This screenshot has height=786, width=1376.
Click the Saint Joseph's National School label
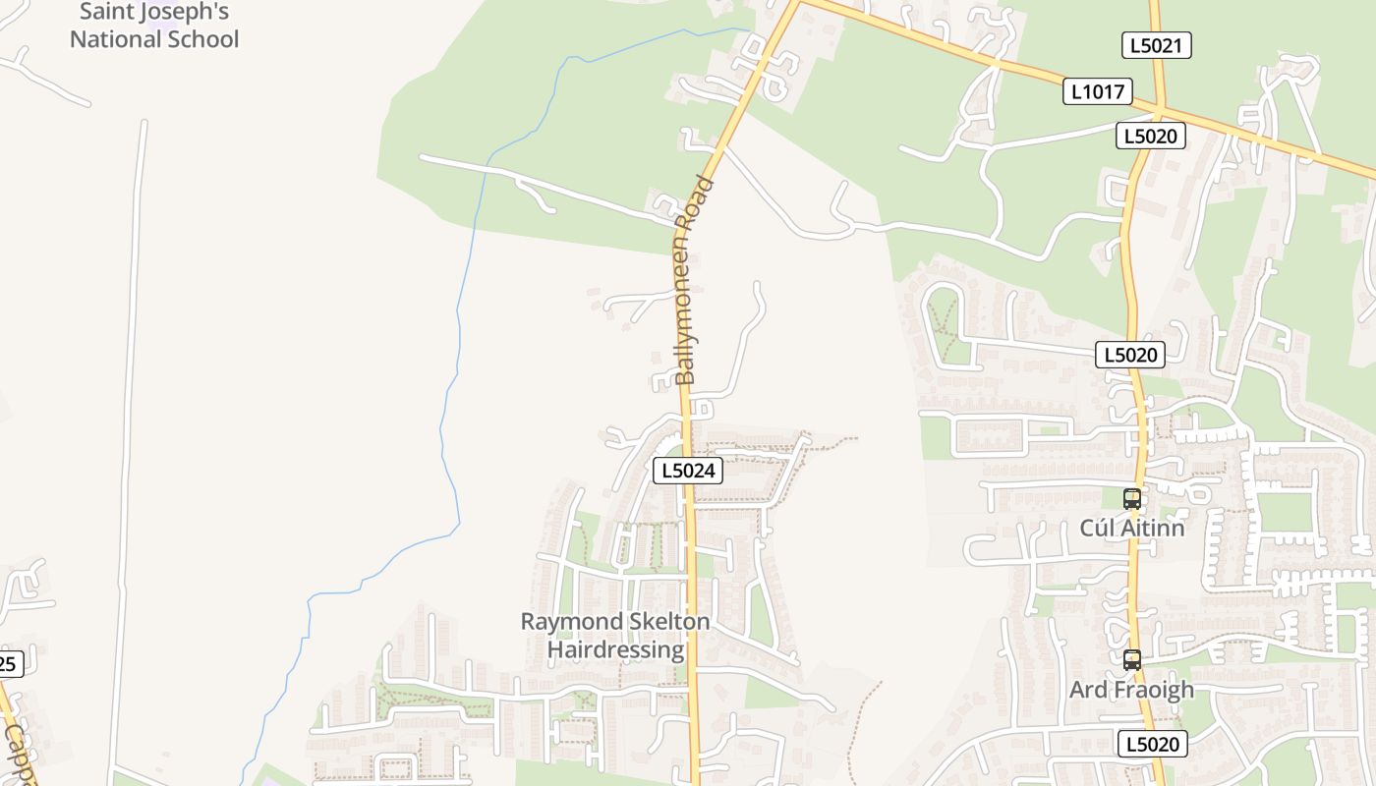pyautogui.click(x=154, y=27)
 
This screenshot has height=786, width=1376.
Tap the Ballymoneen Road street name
pyautogui.click(x=692, y=280)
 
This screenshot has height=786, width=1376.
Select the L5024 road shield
pyautogui.click(x=688, y=471)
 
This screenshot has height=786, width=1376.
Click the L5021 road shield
pyautogui.click(x=1156, y=45)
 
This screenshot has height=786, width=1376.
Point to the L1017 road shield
pyautogui.click(x=1098, y=92)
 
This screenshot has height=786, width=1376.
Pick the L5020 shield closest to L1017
pyautogui.click(x=1150, y=136)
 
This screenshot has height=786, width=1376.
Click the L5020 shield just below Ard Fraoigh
pyautogui.click(x=1152, y=744)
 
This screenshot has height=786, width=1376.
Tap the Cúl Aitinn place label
pyautogui.click(x=1132, y=528)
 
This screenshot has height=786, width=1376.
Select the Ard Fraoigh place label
pyautogui.click(x=1131, y=690)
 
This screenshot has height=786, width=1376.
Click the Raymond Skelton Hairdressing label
pyautogui.click(x=615, y=636)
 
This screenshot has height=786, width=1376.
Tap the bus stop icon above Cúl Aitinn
pyautogui.click(x=1132, y=498)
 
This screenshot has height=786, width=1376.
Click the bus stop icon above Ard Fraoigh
pyautogui.click(x=1132, y=660)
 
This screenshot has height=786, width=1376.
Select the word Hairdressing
pyautogui.click(x=615, y=649)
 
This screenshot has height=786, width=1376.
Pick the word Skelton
pyautogui.click(x=669, y=622)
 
